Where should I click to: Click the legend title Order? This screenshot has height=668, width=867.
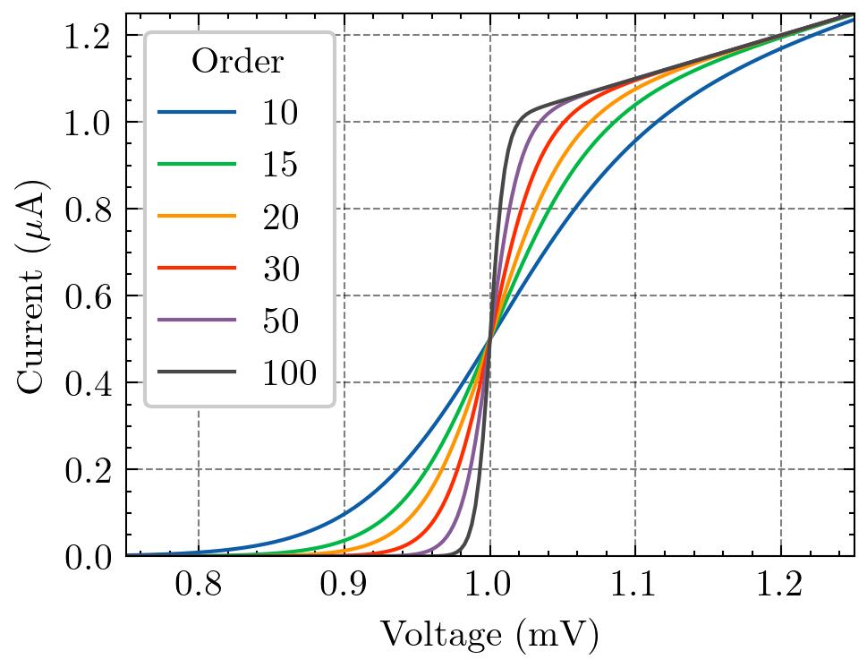tap(238, 62)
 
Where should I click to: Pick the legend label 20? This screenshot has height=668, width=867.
tap(279, 217)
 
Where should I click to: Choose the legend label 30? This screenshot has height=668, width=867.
tap(279, 269)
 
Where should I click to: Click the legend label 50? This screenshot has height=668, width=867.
tap(279, 321)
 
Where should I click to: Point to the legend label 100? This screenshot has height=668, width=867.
tap(289, 373)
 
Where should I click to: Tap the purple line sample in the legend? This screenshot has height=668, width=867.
tap(198, 321)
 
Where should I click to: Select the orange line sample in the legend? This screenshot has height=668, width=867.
tap(198, 217)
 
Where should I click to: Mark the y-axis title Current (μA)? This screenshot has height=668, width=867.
tap(32, 285)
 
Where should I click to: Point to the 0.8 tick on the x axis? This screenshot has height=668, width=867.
tap(199, 587)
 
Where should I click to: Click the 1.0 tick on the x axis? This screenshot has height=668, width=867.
tap(489, 587)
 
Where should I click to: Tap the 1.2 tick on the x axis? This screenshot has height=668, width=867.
tap(780, 587)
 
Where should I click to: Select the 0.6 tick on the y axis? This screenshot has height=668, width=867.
tap(91, 295)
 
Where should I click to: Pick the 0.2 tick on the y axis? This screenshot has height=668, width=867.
tap(91, 469)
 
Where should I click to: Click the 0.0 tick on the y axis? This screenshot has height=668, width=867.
tap(91, 556)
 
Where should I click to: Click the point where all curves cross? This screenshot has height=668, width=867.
tap(489, 338)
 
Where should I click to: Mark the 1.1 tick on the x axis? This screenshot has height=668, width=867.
tap(635, 587)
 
